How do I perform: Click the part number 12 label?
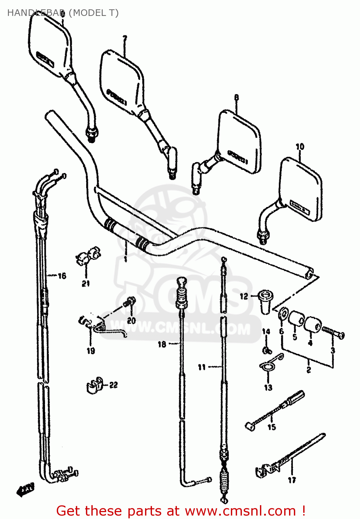(x=244, y=296)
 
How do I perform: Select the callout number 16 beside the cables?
(x=62, y=276)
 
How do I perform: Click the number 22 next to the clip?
(x=114, y=385)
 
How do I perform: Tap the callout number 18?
(x=162, y=344)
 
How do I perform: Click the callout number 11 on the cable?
(x=202, y=367)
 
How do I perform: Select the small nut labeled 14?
(x=267, y=350)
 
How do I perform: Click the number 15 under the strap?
(x=272, y=427)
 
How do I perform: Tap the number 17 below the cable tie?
(x=292, y=480)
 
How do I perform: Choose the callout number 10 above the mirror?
(x=300, y=147)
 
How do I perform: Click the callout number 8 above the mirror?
(x=236, y=98)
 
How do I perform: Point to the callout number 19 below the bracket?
(x=91, y=351)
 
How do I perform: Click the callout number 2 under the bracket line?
(x=308, y=370)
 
